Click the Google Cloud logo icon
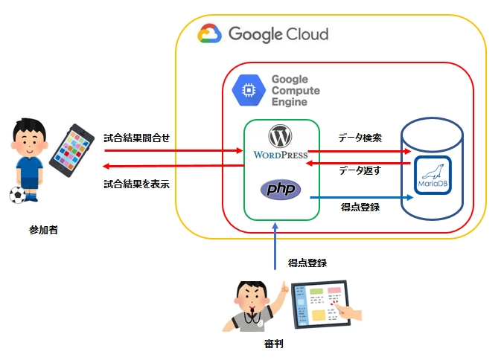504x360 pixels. pos(209,34)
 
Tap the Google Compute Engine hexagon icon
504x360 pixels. pos(246,91)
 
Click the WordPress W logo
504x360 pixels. pos(280,137)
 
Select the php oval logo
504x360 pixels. pos(280,189)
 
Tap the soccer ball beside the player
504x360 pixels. pos(16,195)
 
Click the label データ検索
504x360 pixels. pos(360,138)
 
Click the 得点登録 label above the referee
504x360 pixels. pos(307,263)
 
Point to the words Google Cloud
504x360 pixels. pos(278,34)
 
